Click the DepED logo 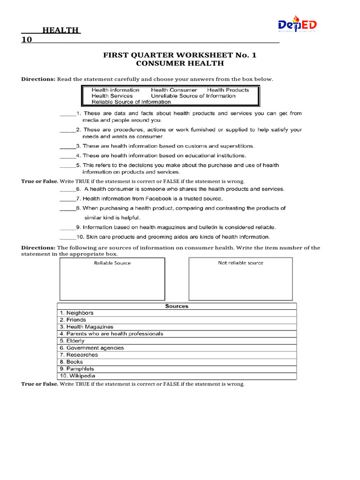click(x=297, y=25)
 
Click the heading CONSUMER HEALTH click(x=180, y=63)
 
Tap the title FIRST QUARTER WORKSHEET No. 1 click(x=180, y=55)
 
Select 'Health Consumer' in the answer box click(x=174, y=90)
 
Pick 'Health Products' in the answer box click(x=228, y=90)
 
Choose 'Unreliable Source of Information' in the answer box click(x=193, y=96)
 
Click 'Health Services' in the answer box click(x=112, y=96)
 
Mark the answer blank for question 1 click(x=67, y=114)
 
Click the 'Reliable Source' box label click(x=112, y=263)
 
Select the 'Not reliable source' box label click(x=240, y=263)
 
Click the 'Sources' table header click(x=177, y=306)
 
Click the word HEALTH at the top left click(x=61, y=30)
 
